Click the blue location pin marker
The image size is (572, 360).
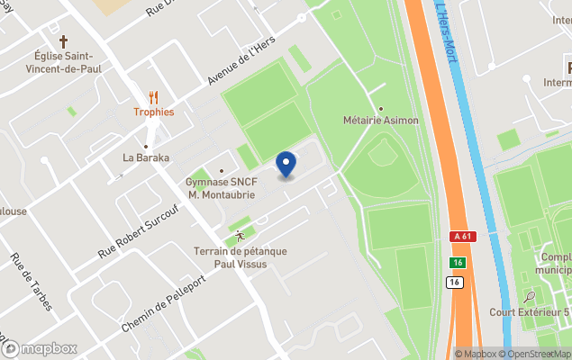click(x=286, y=165)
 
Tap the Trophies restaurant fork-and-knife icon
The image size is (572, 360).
click(x=153, y=96)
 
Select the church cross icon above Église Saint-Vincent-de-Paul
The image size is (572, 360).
click(x=64, y=41)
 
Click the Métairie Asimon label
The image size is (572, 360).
click(x=381, y=120)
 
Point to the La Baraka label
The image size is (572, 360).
click(x=146, y=157)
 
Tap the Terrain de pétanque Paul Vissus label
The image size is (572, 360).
click(x=239, y=257)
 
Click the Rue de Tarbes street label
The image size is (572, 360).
click(x=31, y=282)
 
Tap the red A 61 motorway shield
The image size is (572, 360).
click(x=461, y=236)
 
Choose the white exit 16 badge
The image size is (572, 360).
click(x=455, y=282)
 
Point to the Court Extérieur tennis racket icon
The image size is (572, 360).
click(x=531, y=296)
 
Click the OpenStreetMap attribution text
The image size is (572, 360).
click(x=537, y=354)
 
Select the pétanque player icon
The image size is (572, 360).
click(x=239, y=236)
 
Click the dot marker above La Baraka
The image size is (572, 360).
click(x=146, y=145)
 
